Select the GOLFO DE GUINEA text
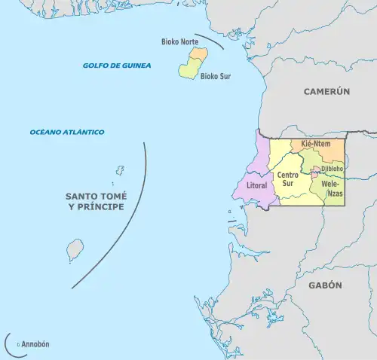point(117,66)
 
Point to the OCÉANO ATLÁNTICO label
point(67,132)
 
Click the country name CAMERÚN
point(327,91)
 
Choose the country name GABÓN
point(325,285)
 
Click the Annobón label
point(35,344)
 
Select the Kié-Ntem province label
point(317,143)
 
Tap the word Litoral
point(257,185)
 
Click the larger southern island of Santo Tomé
point(75,249)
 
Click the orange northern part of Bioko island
point(198,54)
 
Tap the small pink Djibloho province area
point(315,175)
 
